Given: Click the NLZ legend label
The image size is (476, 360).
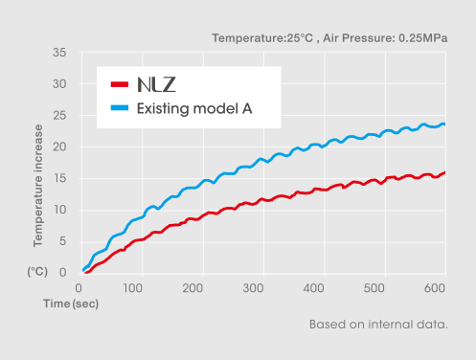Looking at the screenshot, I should click(x=156, y=84).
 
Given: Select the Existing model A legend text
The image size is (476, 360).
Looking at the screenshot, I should click(x=194, y=107).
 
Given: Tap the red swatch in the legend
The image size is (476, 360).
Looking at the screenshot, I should click(x=120, y=84).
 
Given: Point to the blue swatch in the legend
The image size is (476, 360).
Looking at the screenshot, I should click(x=120, y=107).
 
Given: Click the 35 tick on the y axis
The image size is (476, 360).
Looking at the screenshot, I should click(x=59, y=53).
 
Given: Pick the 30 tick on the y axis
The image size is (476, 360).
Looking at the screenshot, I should click(x=59, y=84).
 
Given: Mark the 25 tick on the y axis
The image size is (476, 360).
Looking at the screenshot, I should click(x=59, y=116).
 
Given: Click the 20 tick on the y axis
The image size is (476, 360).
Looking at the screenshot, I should click(x=59, y=146).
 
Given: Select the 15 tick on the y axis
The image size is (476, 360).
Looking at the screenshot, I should click(x=59, y=178).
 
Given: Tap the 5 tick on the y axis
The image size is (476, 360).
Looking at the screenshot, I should click(x=62, y=241).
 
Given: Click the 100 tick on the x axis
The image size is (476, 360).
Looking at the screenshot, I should click(x=135, y=286).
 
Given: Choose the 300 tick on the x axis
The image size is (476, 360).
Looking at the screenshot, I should click(x=253, y=286).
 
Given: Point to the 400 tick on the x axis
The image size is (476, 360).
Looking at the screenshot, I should click(x=312, y=286).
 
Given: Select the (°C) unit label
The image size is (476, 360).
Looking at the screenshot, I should click(x=37, y=272).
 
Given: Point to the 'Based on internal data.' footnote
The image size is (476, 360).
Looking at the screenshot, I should click(x=378, y=325).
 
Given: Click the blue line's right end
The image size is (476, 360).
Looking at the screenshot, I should click(x=444, y=124).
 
